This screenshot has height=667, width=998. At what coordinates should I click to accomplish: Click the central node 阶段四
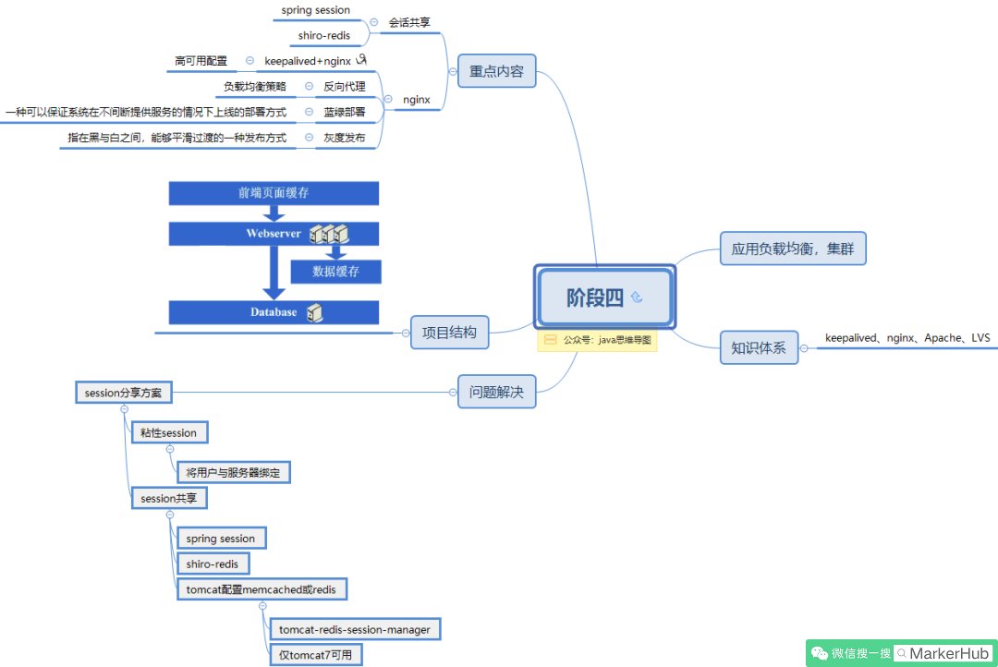click(x=604, y=297)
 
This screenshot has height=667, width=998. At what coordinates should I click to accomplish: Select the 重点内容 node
click(x=496, y=70)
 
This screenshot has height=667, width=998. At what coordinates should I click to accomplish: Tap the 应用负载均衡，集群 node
click(x=793, y=249)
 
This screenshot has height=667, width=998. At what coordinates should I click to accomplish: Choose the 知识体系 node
click(x=759, y=347)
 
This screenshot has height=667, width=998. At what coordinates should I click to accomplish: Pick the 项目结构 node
click(x=449, y=333)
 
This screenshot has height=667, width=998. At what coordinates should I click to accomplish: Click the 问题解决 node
click(x=496, y=392)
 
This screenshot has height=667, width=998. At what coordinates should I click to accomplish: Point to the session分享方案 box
click(x=124, y=393)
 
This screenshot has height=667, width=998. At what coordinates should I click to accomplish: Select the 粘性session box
click(x=169, y=432)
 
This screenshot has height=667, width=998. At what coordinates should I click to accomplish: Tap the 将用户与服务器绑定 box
click(x=233, y=472)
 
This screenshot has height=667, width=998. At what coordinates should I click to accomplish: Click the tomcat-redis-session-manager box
click(x=355, y=629)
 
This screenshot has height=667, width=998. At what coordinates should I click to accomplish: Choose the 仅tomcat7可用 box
click(x=316, y=655)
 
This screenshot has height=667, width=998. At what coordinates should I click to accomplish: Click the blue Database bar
click(x=274, y=312)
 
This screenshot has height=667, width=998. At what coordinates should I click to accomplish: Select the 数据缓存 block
click(x=336, y=272)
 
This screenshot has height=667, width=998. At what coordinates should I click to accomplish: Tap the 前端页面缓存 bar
click(x=274, y=193)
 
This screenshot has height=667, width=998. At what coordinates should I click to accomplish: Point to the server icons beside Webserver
click(x=329, y=234)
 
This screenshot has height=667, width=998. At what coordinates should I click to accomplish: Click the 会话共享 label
click(x=409, y=22)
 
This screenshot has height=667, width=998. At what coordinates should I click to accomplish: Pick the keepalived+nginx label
click(x=308, y=61)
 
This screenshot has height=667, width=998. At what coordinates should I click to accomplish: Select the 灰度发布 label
click(x=345, y=138)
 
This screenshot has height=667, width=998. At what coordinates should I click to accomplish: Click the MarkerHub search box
click(x=943, y=654)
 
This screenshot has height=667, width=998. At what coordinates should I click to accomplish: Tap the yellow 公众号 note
click(x=597, y=340)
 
